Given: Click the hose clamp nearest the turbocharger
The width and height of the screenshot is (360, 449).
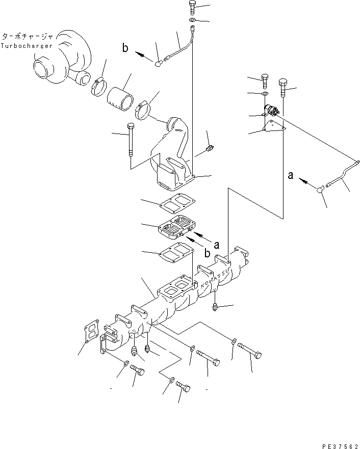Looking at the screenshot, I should pyautogui.click(x=98, y=87).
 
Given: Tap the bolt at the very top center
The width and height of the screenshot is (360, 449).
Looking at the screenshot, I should pyautogui.click(x=192, y=7).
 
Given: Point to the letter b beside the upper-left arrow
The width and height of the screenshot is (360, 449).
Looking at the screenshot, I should pyautogui.click(x=125, y=48).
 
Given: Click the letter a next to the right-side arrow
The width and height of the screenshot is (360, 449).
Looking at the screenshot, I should pyautogui.click(x=290, y=175).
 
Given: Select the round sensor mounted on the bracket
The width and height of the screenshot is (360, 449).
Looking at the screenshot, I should pyautogui.click(x=271, y=111).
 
